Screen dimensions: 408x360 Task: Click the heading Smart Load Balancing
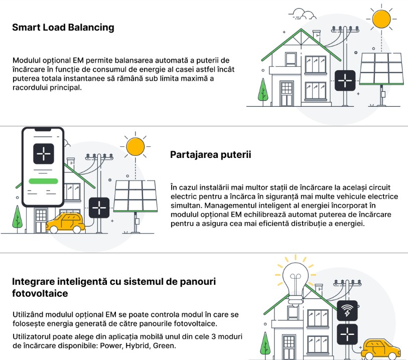[x=63, y=28]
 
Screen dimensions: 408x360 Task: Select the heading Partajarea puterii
[x=210, y=154]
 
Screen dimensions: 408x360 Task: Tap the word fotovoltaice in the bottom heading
[x=40, y=293]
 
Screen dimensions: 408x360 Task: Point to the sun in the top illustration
[x=381, y=19]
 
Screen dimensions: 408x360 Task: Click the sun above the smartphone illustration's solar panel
[x=135, y=146]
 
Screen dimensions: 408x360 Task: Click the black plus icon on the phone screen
[x=44, y=153]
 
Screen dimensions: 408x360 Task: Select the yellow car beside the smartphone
[x=65, y=223]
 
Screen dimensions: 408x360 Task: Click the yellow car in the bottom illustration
[x=381, y=349]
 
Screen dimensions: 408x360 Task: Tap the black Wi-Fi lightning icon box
[x=347, y=311]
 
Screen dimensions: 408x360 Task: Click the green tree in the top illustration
[x=263, y=90]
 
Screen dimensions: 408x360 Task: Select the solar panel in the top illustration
[x=381, y=69]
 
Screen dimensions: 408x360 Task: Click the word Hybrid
[x=137, y=345]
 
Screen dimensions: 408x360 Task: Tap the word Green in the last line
[x=164, y=345]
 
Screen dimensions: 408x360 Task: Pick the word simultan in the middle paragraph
[x=186, y=206]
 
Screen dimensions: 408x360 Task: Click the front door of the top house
[x=287, y=94]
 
